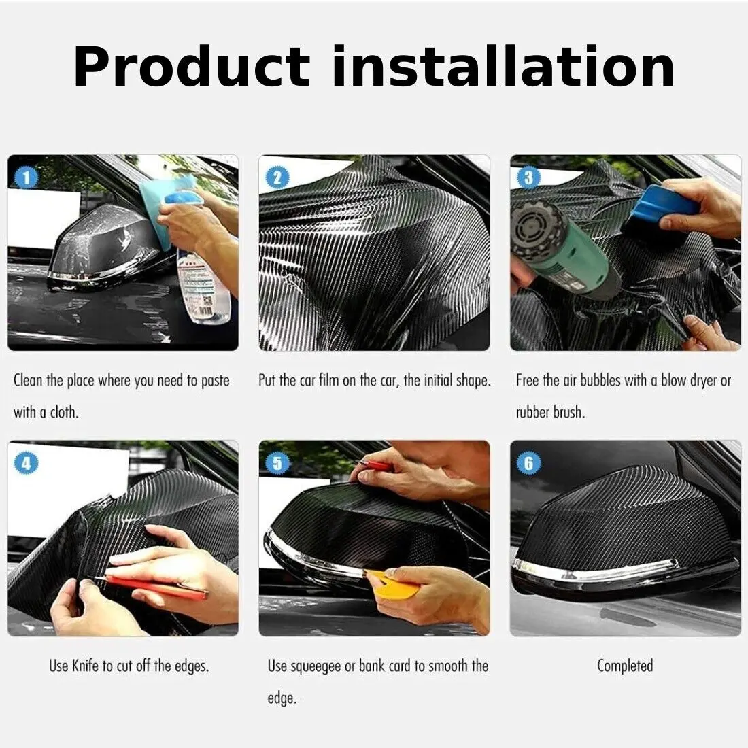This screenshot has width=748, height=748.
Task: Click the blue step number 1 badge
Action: coord(27,178)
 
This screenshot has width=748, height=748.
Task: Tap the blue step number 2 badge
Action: coord(277,178)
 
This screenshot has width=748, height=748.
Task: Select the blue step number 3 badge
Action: coord(528,178)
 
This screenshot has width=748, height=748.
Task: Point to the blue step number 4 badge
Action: coord(27,463)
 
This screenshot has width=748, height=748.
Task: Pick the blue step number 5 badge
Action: coord(277,463)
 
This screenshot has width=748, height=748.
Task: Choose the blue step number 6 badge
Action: coord(528,463)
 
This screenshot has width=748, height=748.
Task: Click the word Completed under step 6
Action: coord(625,666)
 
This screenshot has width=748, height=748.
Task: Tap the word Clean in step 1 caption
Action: coord(28,380)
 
